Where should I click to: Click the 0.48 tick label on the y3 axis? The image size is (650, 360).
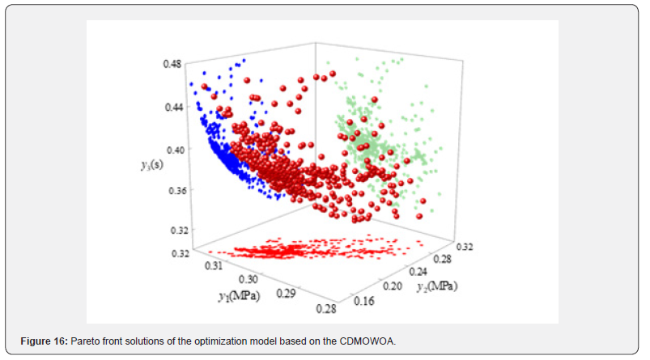[x=172, y=64]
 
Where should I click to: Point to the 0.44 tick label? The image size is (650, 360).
[x=174, y=107]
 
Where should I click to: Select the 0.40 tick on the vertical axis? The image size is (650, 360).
[x=176, y=150]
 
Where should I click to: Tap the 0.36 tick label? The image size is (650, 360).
[x=177, y=191]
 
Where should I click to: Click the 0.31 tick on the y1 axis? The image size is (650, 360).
[x=214, y=265]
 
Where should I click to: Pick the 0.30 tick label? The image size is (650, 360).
[x=249, y=279]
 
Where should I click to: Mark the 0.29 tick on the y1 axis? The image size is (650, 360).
[x=286, y=294]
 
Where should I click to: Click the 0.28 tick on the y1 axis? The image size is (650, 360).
[x=326, y=309]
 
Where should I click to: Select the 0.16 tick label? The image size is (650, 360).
[x=364, y=301]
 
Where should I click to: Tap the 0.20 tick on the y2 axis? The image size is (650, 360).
[x=392, y=286]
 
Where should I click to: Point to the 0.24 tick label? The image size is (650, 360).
[x=418, y=272]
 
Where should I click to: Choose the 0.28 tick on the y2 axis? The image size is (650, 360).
[x=442, y=259]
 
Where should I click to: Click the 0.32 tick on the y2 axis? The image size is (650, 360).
[x=465, y=247]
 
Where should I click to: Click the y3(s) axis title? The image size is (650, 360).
[x=152, y=165]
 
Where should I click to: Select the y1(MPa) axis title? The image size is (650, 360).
[x=239, y=296]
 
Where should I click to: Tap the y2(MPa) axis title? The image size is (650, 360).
[x=437, y=286]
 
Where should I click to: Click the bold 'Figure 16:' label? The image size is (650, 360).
[x=44, y=341]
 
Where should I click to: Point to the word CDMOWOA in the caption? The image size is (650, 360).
[x=367, y=341]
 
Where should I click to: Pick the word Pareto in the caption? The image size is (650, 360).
[x=84, y=341]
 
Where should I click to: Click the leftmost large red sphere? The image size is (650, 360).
[x=204, y=87]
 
